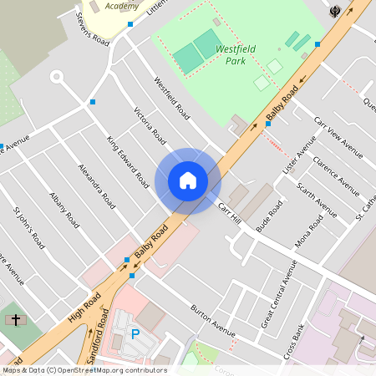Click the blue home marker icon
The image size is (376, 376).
(188, 180)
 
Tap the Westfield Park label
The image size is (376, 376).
(236, 55)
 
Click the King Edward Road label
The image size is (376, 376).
(128, 161)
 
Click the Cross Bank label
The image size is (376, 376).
(293, 339)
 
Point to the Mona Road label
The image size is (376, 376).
(308, 233)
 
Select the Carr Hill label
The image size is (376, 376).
(229, 212)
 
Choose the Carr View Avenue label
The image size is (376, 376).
(338, 137)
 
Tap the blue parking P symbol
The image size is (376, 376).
(135, 334)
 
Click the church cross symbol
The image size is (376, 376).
(14, 320)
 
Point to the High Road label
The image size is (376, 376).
(84, 310)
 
